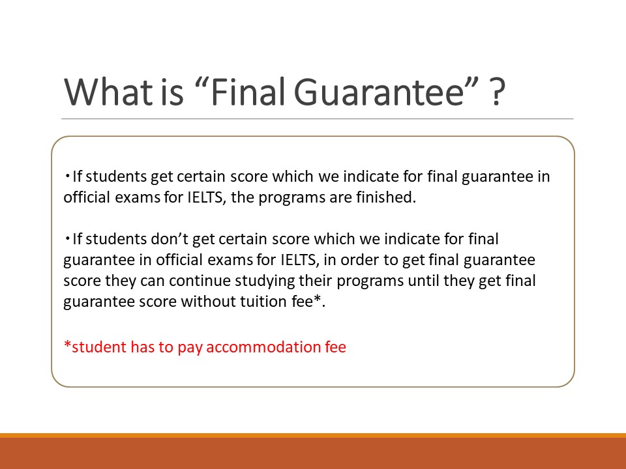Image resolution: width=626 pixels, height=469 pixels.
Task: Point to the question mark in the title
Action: tap(497, 92)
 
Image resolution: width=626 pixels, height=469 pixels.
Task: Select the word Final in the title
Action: tap(248, 92)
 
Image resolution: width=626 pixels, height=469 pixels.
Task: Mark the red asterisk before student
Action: tap(67, 344)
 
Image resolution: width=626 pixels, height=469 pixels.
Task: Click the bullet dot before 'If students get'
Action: tap(67, 176)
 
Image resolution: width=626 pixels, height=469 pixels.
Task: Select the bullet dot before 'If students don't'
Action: tap(67, 238)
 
